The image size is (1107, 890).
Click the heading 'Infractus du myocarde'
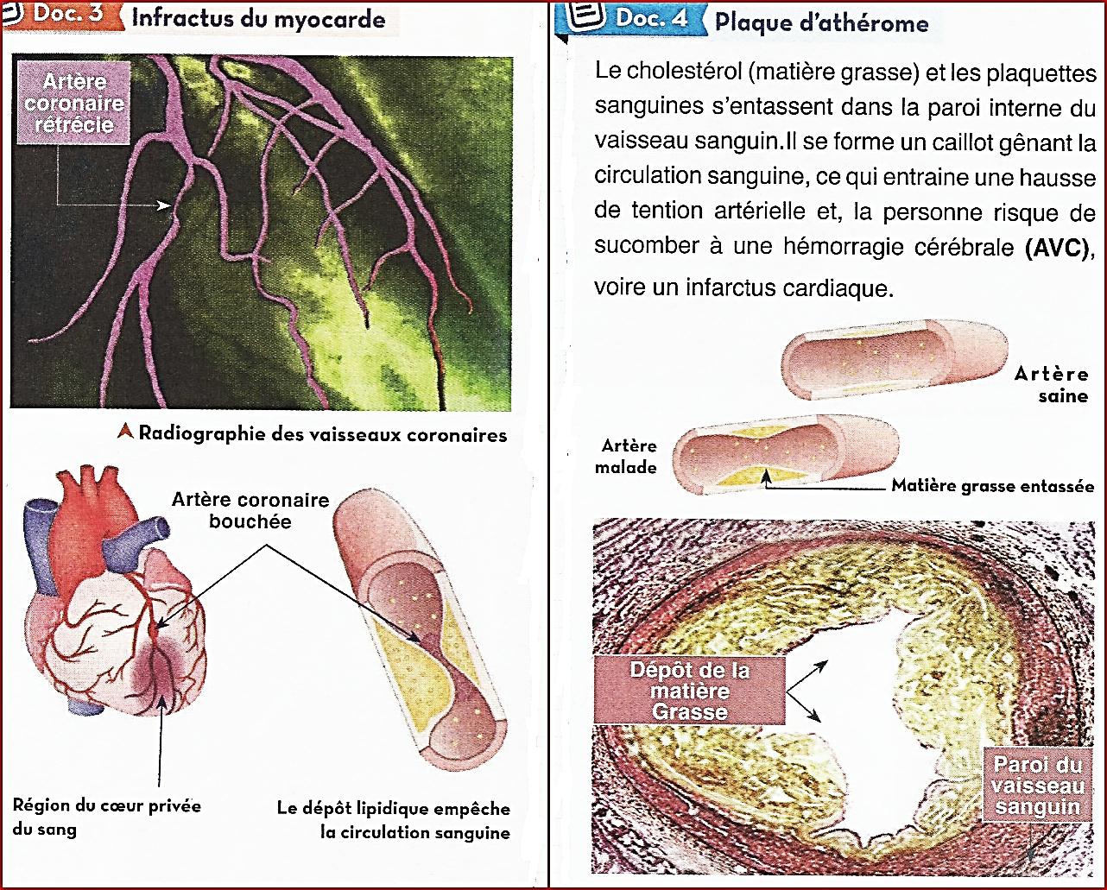(x=258, y=18)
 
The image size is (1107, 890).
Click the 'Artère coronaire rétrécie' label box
(x=73, y=104)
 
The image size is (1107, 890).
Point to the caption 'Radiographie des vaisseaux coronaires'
(x=322, y=433)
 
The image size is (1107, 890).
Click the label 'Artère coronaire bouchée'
(x=250, y=510)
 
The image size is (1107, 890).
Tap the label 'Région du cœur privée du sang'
(x=106, y=817)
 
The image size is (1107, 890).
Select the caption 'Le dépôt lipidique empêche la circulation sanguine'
(x=393, y=821)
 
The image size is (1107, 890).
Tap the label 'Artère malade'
(x=629, y=457)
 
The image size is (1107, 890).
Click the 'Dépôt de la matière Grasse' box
(x=689, y=691)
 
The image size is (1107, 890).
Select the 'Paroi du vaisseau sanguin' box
(x=1037, y=786)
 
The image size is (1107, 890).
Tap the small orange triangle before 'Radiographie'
(x=126, y=431)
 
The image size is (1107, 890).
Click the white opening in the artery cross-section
(x=872, y=691)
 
